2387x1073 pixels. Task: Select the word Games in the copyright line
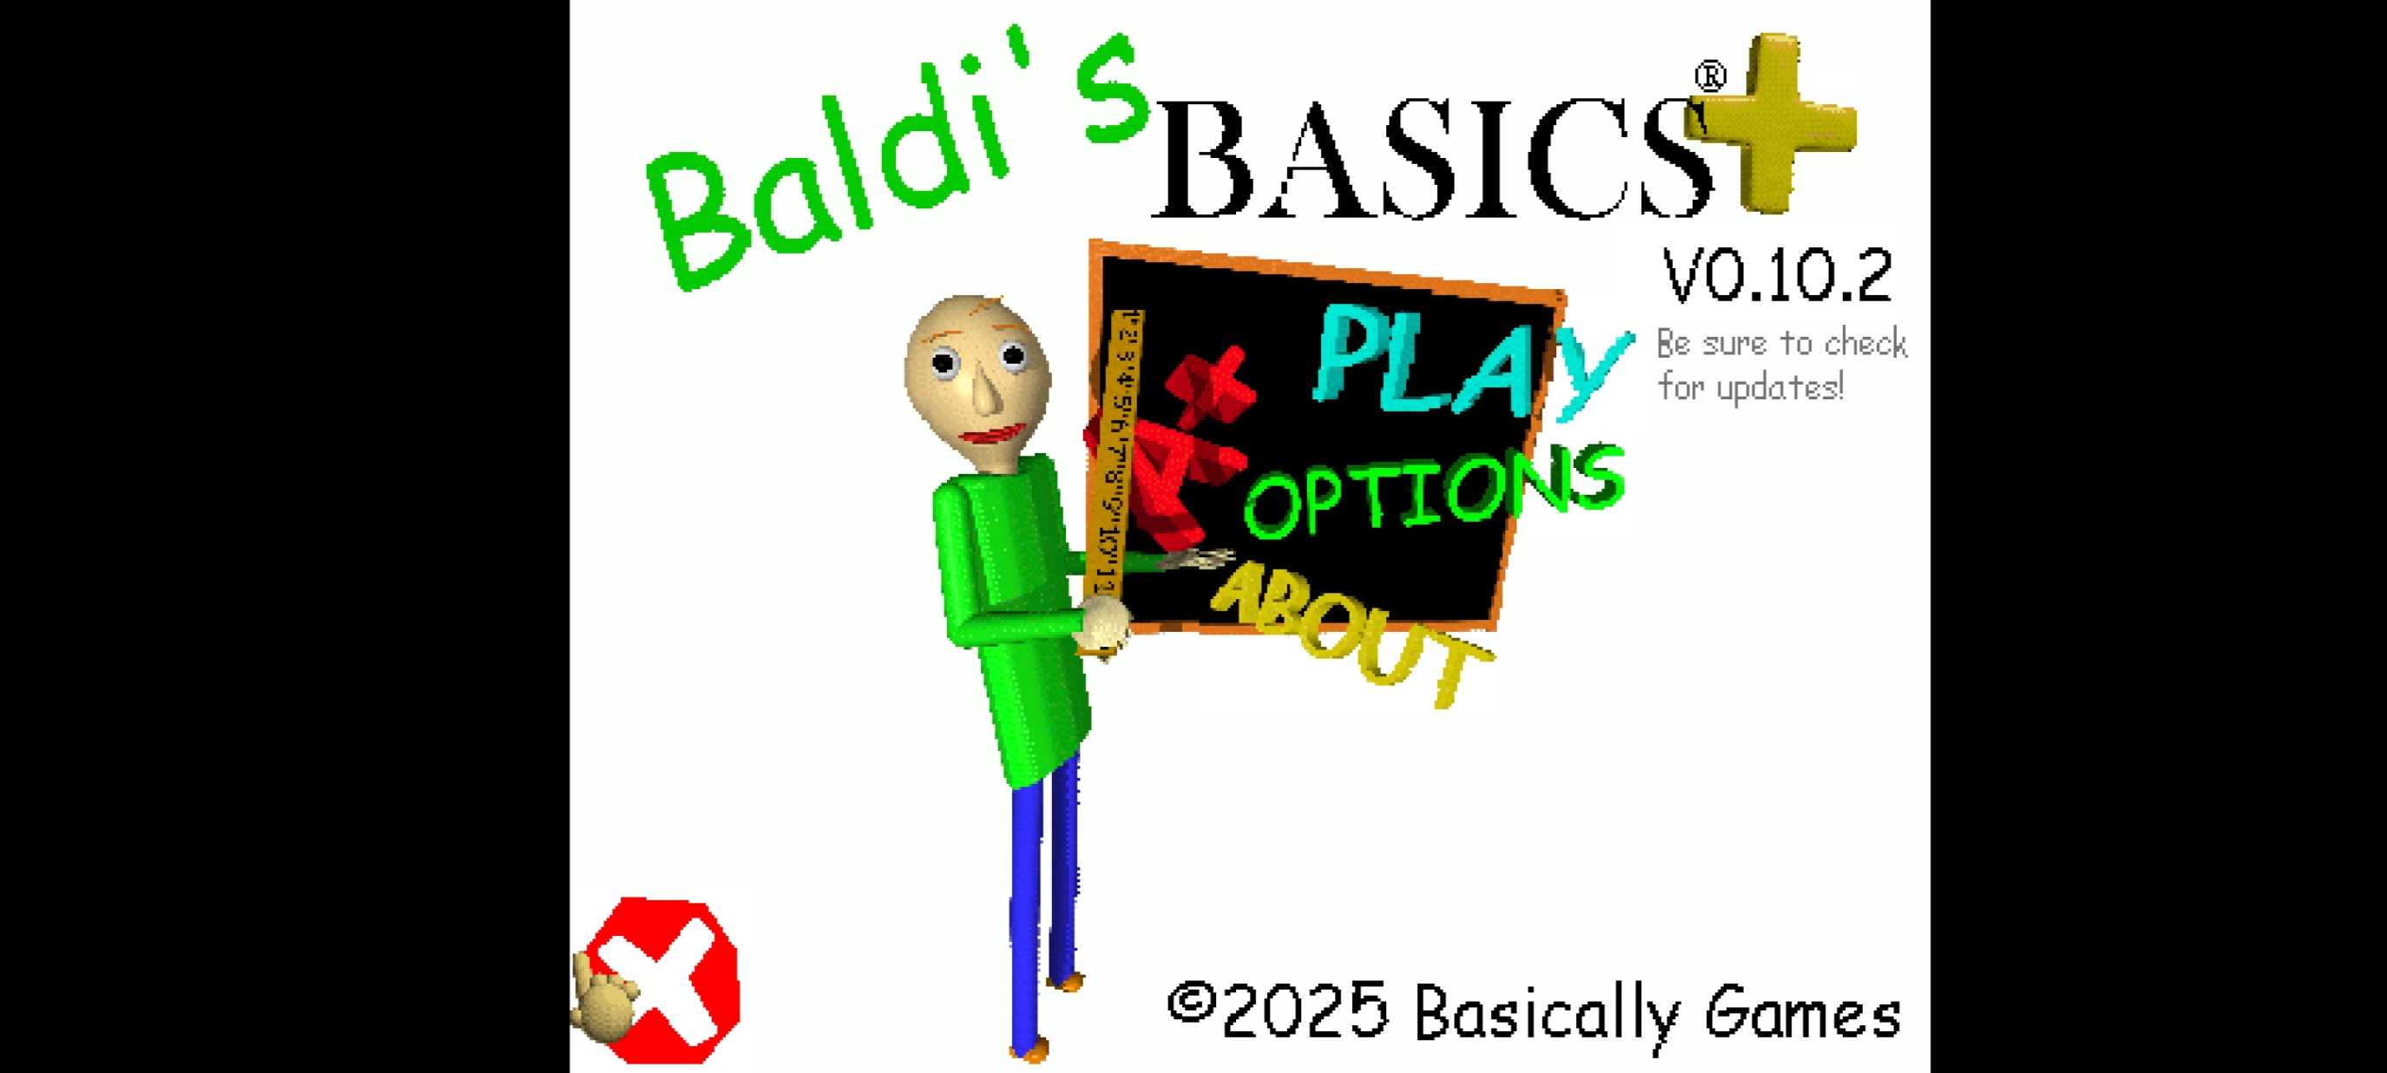(x=1802, y=1015)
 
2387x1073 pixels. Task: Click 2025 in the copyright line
(x=1305, y=1012)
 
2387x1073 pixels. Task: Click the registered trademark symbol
(x=1711, y=76)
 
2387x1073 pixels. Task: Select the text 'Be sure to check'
(x=1781, y=344)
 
